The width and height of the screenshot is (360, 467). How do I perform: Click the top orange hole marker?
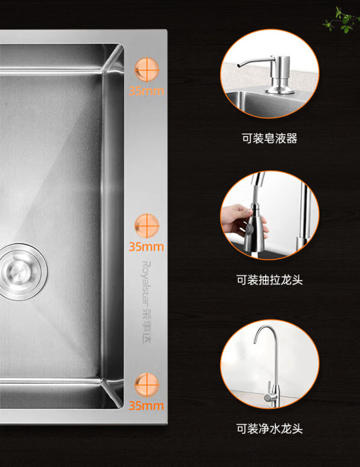(x=146, y=70)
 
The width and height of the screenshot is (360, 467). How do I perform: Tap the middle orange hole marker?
(x=146, y=226)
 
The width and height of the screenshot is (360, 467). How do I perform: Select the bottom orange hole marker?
(x=146, y=385)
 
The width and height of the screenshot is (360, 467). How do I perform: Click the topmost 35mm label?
(x=146, y=91)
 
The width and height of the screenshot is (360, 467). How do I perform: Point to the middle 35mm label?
(x=146, y=246)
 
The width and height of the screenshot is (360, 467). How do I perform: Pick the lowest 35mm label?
(x=146, y=406)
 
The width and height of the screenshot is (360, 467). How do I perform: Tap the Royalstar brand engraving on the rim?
(x=146, y=302)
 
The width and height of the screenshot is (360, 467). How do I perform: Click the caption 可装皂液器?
(x=269, y=138)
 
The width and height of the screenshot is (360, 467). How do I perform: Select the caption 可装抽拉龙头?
(x=269, y=280)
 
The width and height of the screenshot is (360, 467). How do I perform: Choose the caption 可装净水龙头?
(x=269, y=429)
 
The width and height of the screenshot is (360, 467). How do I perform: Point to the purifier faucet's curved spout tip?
(x=255, y=341)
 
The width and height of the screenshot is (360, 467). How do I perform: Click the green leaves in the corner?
(x=341, y=20)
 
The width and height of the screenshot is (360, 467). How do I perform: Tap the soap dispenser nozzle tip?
(x=238, y=65)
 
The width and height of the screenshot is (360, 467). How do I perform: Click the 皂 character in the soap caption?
(x=269, y=138)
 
